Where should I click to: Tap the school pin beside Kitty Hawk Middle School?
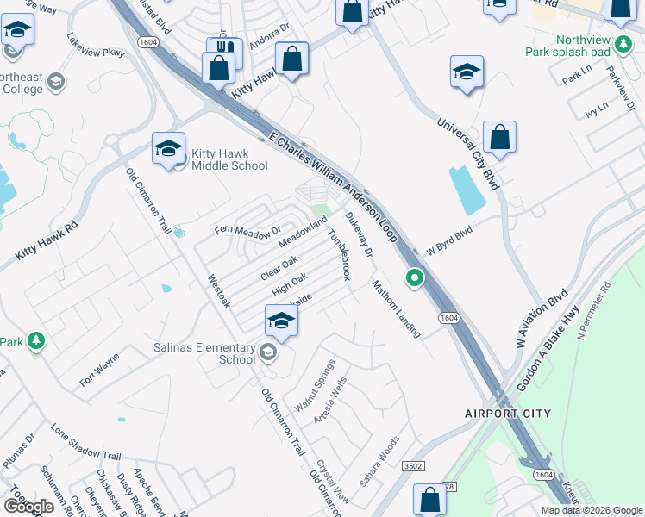pos(168,148)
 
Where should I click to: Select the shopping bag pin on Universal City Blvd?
pos(499,136)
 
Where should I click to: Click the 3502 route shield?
pos(413,466)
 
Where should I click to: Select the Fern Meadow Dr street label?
pos(247,230)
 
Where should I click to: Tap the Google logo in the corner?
pos(28,506)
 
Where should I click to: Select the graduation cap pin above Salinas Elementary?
pos(281,321)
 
